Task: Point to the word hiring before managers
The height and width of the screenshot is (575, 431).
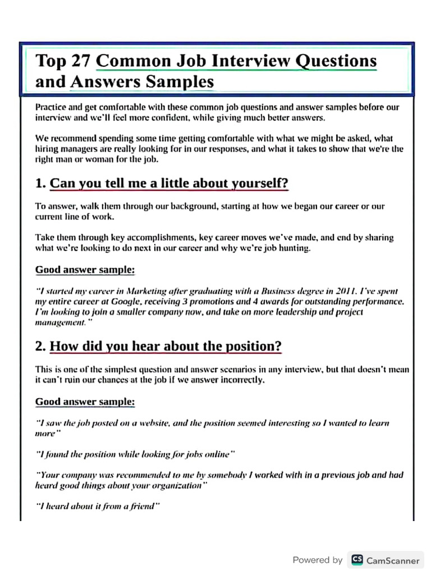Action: [48, 149]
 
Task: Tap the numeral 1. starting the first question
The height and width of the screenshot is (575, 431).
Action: [40, 184]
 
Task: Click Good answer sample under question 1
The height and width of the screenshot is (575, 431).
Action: [85, 270]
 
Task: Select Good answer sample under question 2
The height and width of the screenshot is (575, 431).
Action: [85, 401]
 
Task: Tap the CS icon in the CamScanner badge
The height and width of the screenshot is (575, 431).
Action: [357, 560]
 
